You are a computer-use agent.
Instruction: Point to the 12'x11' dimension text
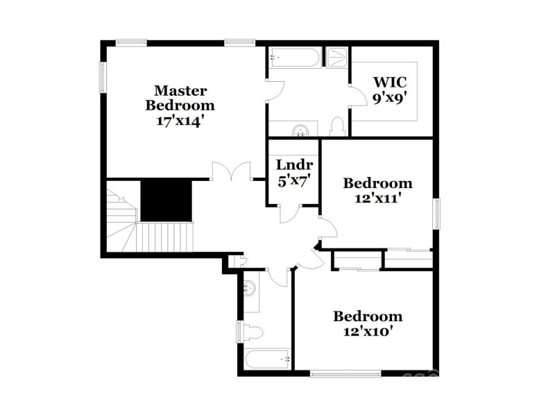[378, 197]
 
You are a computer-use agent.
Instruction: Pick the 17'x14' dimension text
[179, 119]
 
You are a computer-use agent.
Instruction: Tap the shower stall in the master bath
[338, 57]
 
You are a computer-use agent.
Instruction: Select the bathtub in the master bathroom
[295, 58]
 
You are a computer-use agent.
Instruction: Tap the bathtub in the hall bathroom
[267, 359]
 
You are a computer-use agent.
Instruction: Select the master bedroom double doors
[230, 172]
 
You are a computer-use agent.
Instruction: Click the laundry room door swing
[290, 214]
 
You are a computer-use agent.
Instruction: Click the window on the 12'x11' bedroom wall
[437, 212]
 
